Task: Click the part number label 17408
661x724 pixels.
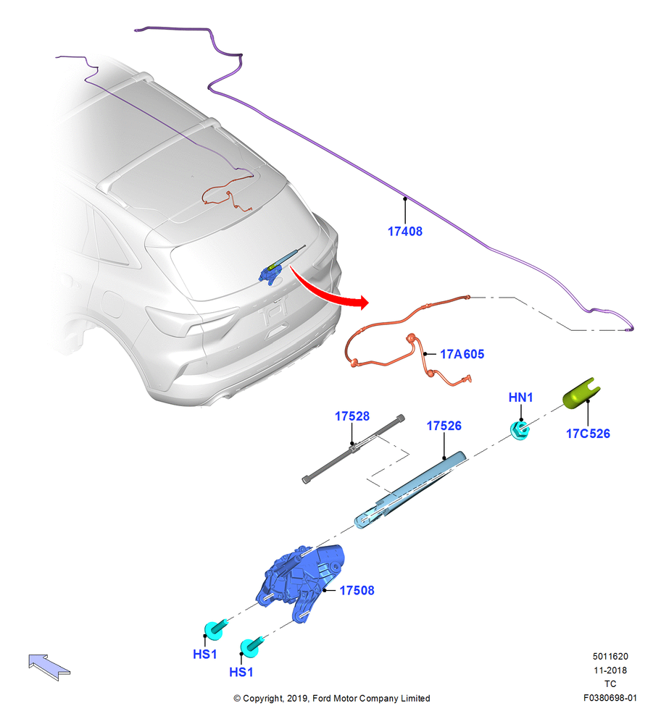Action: point(405,232)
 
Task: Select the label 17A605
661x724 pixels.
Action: point(462,354)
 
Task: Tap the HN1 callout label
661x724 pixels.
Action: point(521,397)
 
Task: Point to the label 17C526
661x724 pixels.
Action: point(588,434)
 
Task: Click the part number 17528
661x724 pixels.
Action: point(352,416)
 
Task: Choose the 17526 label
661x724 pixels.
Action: point(444,426)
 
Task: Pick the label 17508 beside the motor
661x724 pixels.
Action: point(357,591)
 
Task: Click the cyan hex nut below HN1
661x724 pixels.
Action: point(520,430)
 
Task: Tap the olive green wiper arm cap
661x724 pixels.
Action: point(581,394)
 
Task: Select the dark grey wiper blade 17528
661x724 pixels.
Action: point(354,449)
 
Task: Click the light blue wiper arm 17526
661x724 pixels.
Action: point(410,490)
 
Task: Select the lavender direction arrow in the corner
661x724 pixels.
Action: point(49,666)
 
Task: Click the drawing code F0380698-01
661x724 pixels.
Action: point(610,698)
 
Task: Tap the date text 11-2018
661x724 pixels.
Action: point(610,670)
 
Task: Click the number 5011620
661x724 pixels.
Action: point(610,657)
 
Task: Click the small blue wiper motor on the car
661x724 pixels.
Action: point(271,274)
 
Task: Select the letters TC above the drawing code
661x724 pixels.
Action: point(610,684)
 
